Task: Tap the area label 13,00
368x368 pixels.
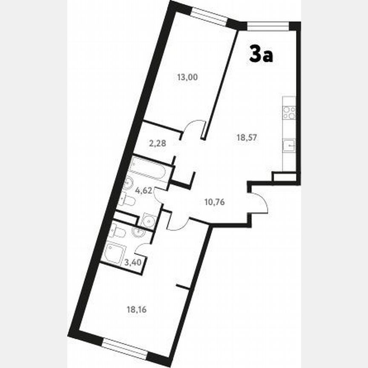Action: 188,78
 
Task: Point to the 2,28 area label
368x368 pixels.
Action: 157,144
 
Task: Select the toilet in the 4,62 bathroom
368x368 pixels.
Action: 127,199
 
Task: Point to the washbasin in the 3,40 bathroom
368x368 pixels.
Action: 139,232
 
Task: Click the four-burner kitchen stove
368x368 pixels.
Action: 290,112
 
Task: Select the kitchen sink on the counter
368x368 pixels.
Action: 290,146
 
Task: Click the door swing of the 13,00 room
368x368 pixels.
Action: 194,128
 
